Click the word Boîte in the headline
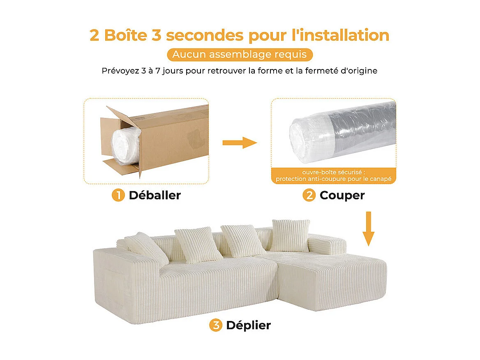pyautogui.click(x=125, y=35)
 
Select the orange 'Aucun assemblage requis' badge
pyautogui.click(x=240, y=55)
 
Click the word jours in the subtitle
pyautogui.click(x=170, y=71)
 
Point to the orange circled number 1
pyautogui.click(x=118, y=195)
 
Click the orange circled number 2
pyautogui.click(x=309, y=195)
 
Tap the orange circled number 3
pyautogui.click(x=215, y=325)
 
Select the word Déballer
pyautogui.click(x=155, y=195)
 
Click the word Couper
pyautogui.click(x=342, y=195)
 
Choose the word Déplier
pyautogui.click(x=248, y=325)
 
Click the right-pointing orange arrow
pyautogui.click(x=239, y=143)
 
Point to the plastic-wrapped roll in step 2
pyautogui.click(x=341, y=132)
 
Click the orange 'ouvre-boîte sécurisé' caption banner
pyautogui.click(x=333, y=175)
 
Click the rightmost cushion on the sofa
pyautogui.click(x=290, y=235)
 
